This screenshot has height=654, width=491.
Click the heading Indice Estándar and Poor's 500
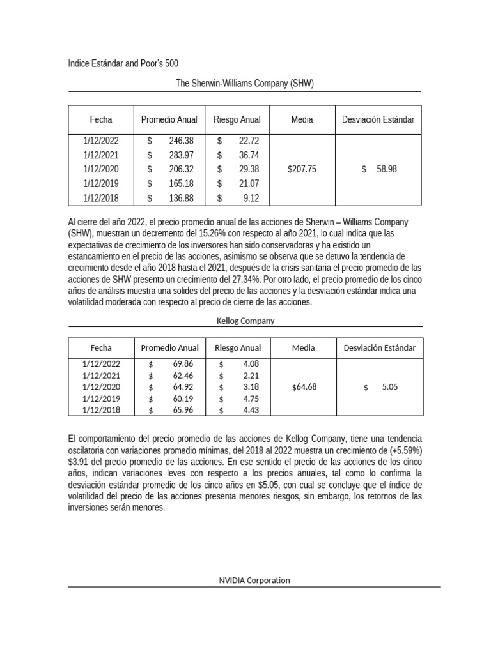(x=123, y=63)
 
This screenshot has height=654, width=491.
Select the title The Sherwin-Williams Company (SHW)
(x=245, y=83)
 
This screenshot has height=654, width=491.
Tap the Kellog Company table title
(x=245, y=321)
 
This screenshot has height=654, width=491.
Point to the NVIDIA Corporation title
(x=254, y=580)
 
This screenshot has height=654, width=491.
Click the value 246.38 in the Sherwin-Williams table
(x=181, y=141)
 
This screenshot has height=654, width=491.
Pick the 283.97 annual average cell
(x=181, y=155)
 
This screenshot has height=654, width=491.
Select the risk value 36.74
(x=248, y=155)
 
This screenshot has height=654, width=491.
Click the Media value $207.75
(x=302, y=169)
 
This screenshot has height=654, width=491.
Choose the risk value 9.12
(x=251, y=198)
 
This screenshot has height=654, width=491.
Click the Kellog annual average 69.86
(x=183, y=363)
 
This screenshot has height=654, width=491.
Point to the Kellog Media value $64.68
(x=304, y=387)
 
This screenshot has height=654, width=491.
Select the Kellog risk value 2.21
(x=251, y=376)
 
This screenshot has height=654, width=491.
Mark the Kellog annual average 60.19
(x=183, y=399)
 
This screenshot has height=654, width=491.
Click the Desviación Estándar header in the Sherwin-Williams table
(x=378, y=119)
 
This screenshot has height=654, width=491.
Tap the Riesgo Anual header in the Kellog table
(x=238, y=348)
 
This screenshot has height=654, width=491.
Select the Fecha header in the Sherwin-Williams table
(x=101, y=119)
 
